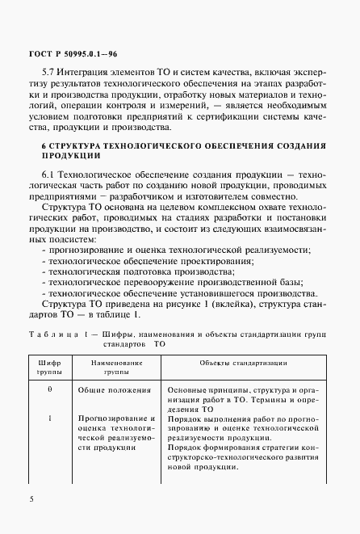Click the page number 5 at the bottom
pyautogui.click(x=31, y=499)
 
